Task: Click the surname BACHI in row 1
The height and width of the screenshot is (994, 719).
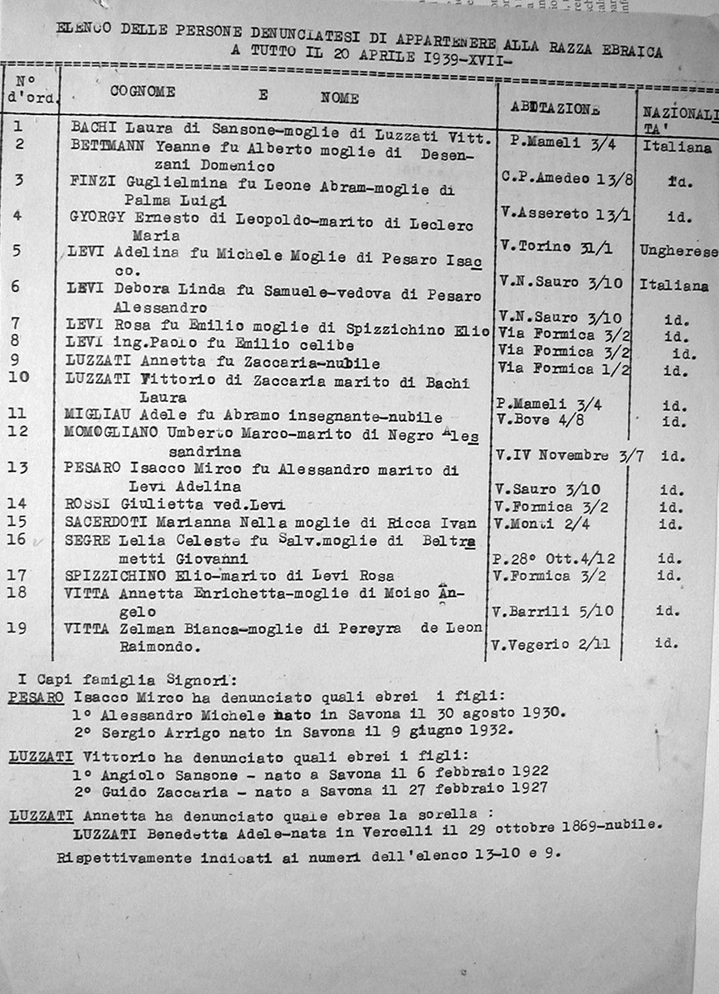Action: pyautogui.click(x=94, y=127)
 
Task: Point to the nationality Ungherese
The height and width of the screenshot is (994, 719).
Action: pyautogui.click(x=678, y=251)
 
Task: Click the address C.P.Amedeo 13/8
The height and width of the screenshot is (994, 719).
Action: pyautogui.click(x=566, y=178)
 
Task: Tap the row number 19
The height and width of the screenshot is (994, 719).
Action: pyautogui.click(x=17, y=628)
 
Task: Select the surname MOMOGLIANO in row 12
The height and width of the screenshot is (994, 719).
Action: pyautogui.click(x=111, y=432)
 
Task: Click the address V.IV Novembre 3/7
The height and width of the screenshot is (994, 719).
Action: pyautogui.click(x=569, y=456)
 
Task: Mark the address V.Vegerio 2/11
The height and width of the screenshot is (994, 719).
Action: pyautogui.click(x=550, y=644)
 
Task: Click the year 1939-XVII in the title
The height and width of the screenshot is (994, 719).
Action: pyautogui.click(x=467, y=58)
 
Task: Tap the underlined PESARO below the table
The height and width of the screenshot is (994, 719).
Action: pyautogui.click(x=36, y=697)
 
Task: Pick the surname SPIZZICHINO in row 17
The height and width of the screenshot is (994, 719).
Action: pyautogui.click(x=115, y=575)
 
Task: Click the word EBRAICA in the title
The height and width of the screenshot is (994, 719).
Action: pyautogui.click(x=632, y=51)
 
